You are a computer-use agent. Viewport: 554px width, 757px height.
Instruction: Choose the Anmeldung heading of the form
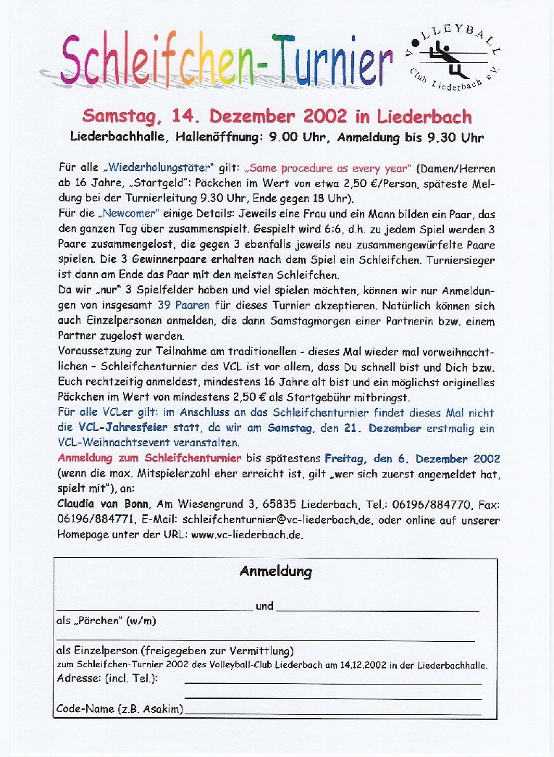coord(275,572)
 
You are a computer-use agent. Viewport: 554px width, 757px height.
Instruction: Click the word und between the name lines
coord(264,606)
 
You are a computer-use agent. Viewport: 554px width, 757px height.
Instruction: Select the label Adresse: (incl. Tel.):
coord(107,678)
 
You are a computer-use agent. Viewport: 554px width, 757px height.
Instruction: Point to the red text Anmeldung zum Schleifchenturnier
coord(150,459)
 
